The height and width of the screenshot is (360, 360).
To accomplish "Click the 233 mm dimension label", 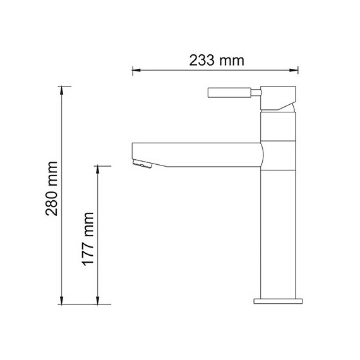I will [x=217, y=61].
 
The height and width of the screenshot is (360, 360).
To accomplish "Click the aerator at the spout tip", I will [x=142, y=165].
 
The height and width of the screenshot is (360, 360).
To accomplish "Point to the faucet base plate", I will [x=279, y=299].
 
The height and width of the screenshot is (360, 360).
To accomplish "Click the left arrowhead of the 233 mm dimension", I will [x=135, y=71].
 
